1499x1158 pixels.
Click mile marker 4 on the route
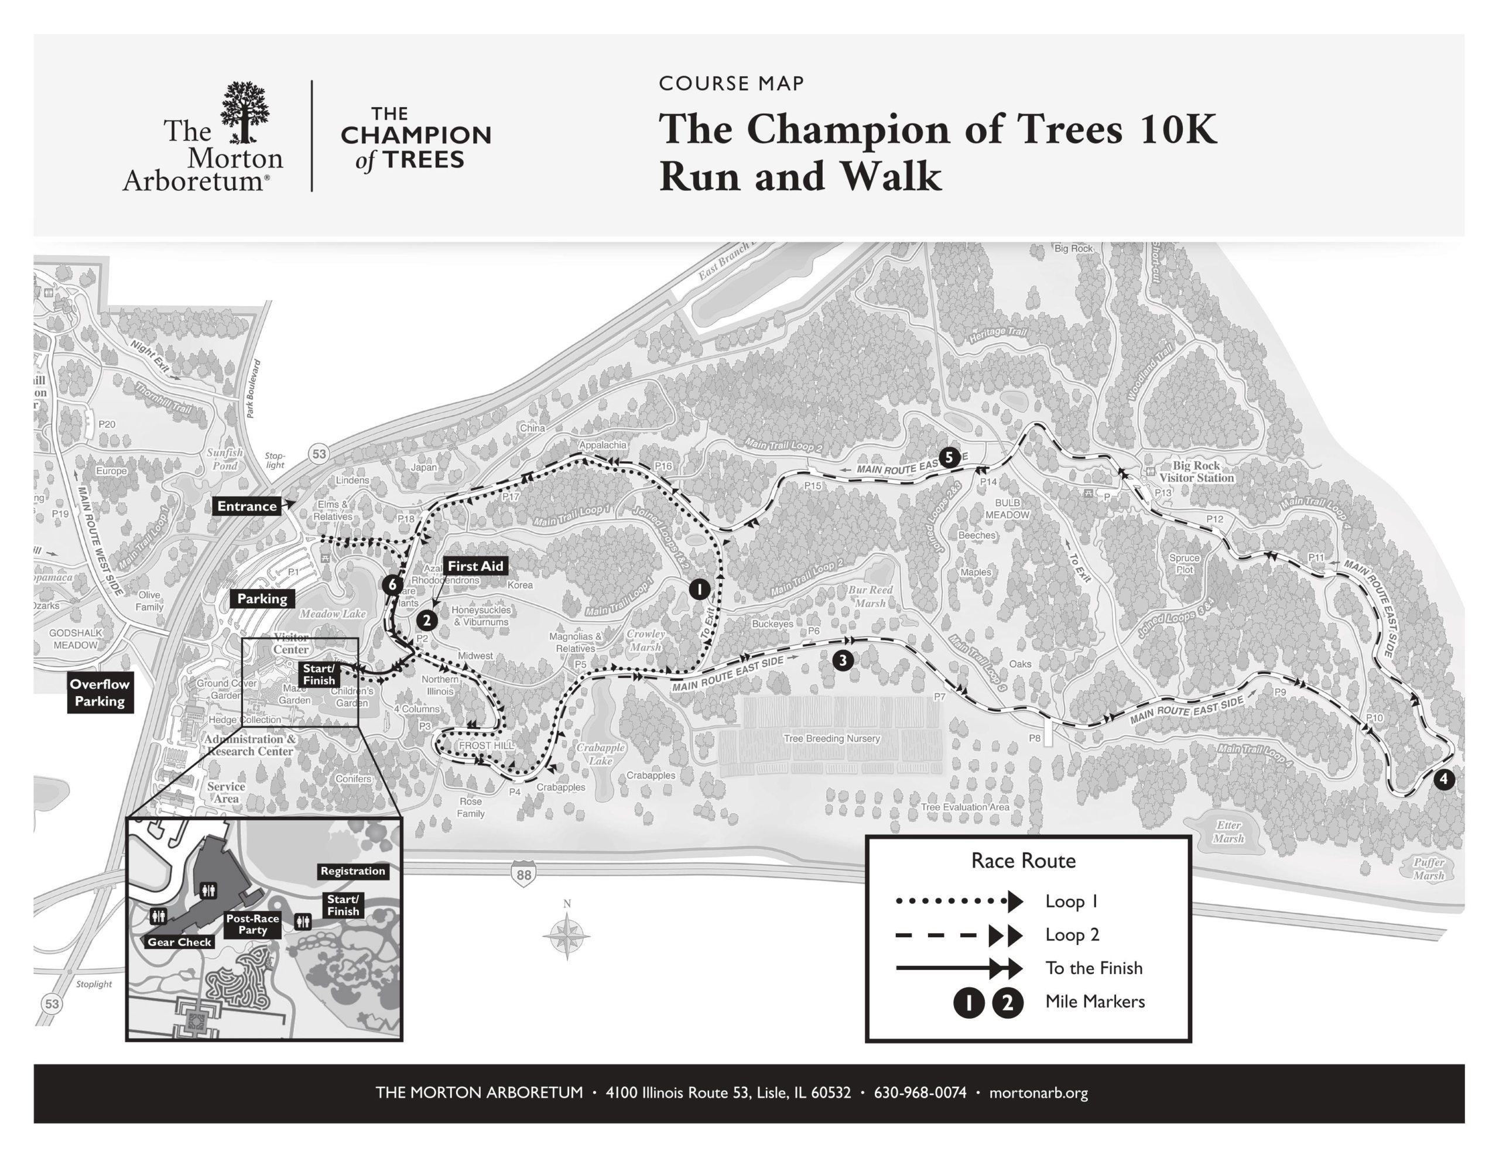tap(1444, 779)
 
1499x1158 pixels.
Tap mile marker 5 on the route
tap(949, 457)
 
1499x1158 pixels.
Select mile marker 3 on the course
tap(843, 660)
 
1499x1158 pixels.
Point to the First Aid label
tap(475, 566)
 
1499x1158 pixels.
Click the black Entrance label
tap(247, 506)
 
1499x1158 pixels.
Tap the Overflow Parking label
tap(100, 693)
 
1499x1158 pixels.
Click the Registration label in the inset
tap(352, 871)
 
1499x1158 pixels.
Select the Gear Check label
tap(179, 942)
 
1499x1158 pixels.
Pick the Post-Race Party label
tap(252, 924)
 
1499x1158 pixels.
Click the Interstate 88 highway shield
tap(523, 875)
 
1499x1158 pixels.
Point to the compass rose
tap(567, 934)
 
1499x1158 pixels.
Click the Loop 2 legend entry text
tap(1072, 935)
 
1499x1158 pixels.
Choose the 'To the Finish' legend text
tap(1093, 968)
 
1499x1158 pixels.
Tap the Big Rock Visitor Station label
tap(1196, 472)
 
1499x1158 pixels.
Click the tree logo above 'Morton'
tap(244, 112)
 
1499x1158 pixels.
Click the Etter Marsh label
tap(1228, 832)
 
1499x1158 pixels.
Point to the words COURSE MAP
tap(731, 84)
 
